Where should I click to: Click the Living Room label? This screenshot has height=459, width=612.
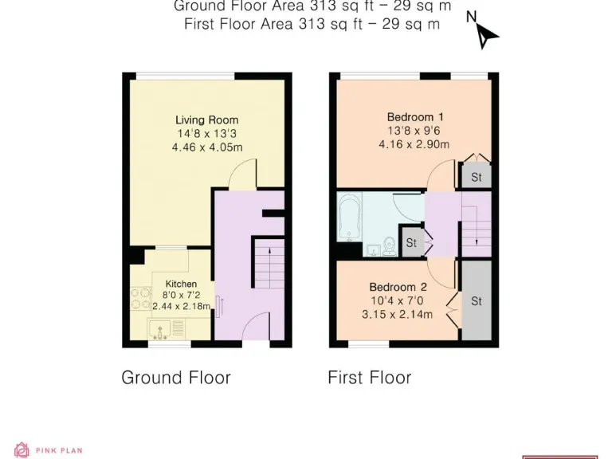206,120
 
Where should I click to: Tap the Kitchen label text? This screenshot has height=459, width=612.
181,284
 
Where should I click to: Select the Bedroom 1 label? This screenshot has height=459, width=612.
414,117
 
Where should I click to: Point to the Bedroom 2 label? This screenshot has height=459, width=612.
398,287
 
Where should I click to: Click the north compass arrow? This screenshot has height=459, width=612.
485,33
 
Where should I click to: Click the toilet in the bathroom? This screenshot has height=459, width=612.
388,245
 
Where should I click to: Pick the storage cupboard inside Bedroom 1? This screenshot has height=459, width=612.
476,177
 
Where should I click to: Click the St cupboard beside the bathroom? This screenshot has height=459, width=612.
411,242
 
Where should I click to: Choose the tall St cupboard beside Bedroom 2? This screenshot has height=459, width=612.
477,301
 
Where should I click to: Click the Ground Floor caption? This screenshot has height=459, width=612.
176,377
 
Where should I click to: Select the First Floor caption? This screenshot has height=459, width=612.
370,377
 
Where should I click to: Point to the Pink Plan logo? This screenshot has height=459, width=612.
48,450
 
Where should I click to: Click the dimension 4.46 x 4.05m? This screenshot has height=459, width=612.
206,147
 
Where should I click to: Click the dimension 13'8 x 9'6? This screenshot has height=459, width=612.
414,131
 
